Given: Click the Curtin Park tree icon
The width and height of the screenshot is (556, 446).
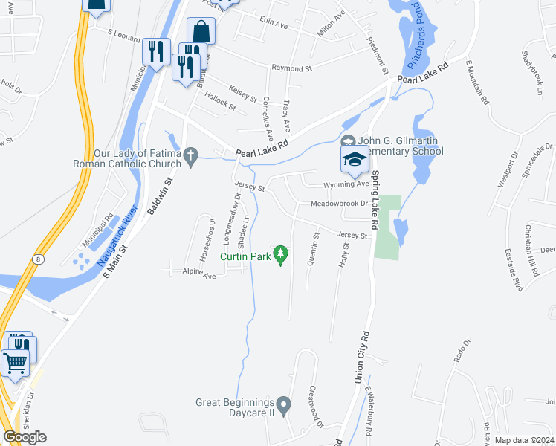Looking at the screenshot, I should point(280,256).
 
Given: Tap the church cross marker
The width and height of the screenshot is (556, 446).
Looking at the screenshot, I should point(191,156).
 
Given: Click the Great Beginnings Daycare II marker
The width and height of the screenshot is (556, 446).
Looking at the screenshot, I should point(282,402).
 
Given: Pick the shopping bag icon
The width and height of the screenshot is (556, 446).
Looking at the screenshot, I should point(201,32).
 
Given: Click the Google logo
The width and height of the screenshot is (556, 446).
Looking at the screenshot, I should point(25,437).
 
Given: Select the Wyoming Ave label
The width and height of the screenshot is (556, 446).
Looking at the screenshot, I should point(346,184).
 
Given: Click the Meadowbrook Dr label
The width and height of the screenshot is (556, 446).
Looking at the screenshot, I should point(339,203).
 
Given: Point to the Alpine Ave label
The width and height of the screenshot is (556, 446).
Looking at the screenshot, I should point(199,275).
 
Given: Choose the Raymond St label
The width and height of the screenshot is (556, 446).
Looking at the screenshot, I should point(291,68).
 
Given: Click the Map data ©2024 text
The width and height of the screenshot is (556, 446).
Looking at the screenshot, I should point(524,440).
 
